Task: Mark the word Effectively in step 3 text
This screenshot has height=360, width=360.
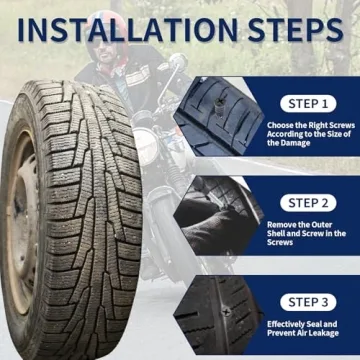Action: [x=287, y=326]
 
